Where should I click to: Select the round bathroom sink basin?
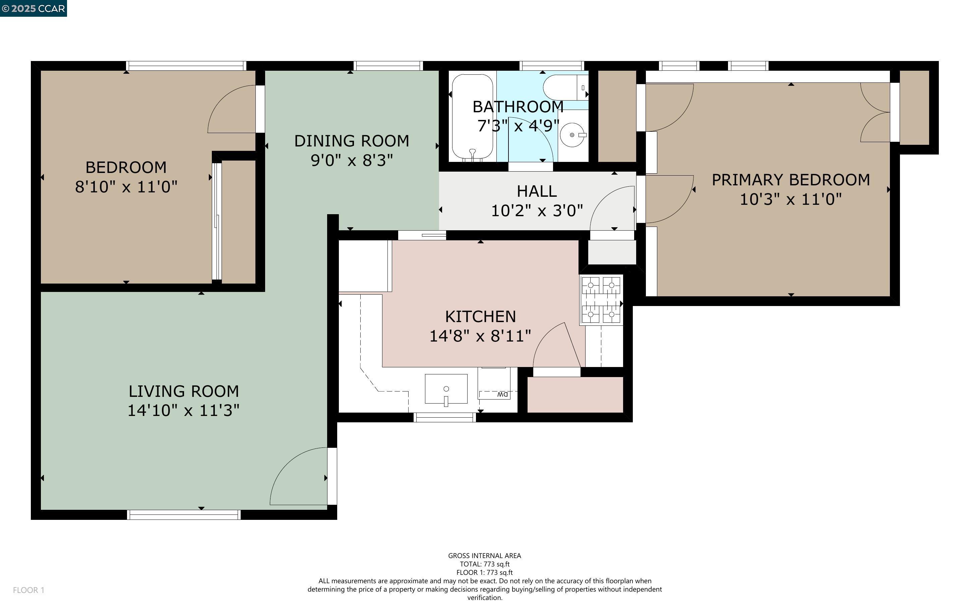pos(572,135)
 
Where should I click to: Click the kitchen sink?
pos(446,389)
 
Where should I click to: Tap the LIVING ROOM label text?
pos(183,391)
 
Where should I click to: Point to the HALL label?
pos(537,191)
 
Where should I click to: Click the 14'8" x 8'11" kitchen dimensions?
pos(480,336)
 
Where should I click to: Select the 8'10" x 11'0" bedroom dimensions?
pos(126,187)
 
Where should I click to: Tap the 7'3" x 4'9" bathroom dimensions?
pos(518,126)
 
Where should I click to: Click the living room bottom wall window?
pos(184,514)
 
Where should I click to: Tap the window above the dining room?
pos(388,66)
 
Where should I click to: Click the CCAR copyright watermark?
pos(33,8)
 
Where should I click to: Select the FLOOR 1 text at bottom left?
pos(28,590)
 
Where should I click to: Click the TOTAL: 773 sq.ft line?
pos(484,564)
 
